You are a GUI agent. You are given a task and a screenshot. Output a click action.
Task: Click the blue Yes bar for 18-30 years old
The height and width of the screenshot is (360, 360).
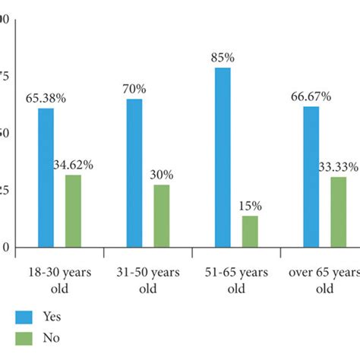(x=46, y=178)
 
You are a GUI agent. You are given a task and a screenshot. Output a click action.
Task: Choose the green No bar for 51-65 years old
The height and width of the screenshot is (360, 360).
(x=250, y=232)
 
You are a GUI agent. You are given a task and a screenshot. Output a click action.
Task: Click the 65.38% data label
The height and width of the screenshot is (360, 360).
(x=46, y=99)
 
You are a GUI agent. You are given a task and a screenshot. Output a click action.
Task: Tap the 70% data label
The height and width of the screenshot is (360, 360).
(x=134, y=89)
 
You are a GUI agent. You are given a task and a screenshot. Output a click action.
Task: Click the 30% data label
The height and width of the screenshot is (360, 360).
(x=162, y=174)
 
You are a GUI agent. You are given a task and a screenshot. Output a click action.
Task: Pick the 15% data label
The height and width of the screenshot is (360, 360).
(x=250, y=205)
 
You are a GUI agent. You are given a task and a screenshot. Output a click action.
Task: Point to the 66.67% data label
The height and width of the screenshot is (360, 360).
(x=311, y=96)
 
